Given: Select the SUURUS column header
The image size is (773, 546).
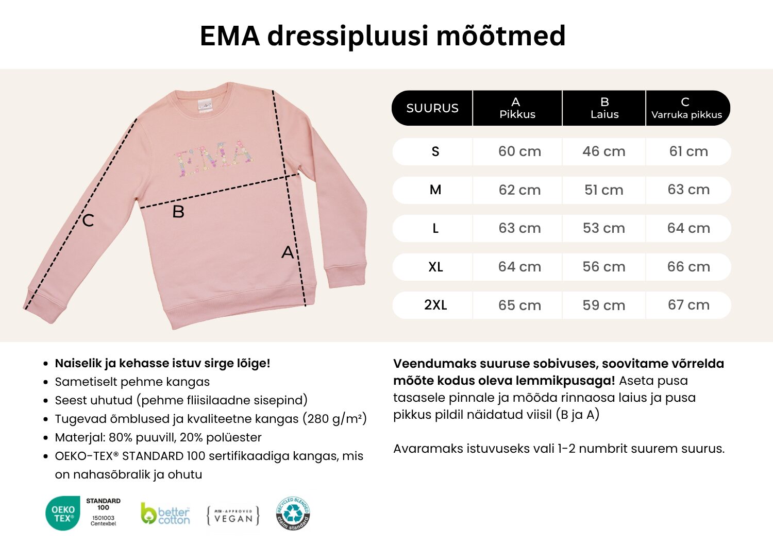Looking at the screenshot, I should pos(432,108).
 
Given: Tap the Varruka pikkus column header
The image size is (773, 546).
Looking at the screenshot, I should pos(686,108).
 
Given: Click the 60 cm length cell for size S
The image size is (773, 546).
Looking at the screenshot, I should pos(519,151).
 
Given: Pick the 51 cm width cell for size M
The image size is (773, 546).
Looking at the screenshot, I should pos(603,190).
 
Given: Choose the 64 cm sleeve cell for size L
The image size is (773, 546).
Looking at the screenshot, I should pos(688,228).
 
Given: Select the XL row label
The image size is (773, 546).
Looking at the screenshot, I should pos(435,267).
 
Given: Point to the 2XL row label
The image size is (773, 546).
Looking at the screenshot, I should pos(435,305).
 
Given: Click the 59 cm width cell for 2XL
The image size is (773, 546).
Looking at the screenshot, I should pos(603,305).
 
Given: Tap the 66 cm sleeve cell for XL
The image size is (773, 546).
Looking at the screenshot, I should pos(688,267).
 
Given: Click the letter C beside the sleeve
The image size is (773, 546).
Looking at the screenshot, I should pos(88,220).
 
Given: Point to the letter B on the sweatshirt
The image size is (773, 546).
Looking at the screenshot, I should pos(178,212).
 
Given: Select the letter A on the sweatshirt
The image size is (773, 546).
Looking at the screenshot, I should pos(288,252).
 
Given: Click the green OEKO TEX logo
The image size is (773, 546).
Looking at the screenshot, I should pos(63,513).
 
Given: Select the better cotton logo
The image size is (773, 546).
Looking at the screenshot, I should pos(165,514).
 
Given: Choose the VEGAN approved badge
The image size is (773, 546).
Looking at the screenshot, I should pos(233,516).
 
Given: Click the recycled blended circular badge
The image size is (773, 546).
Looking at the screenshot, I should pos(293,513).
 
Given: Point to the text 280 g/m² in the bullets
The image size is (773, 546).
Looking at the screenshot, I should pos(334,419).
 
